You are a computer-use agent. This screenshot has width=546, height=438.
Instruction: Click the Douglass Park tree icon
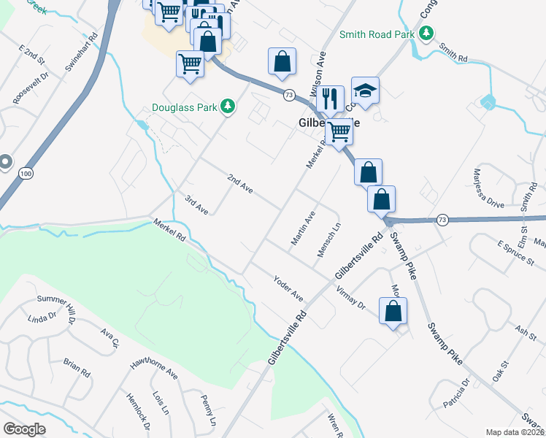point(228,107)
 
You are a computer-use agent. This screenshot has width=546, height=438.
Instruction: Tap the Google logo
point(24,429)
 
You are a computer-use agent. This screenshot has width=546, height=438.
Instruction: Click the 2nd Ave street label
point(239,183)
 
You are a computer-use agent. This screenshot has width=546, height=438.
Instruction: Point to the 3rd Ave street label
point(196,205)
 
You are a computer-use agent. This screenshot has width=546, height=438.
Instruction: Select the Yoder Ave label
point(288,288)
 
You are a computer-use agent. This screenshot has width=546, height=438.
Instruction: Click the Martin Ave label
point(302,228)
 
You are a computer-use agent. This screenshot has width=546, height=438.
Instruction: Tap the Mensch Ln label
point(328,240)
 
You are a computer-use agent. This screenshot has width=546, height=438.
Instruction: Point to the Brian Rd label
point(76,367)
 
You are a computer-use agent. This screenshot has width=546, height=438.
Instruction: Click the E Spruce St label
point(515,252)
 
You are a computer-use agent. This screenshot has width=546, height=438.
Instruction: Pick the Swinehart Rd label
point(81,52)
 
